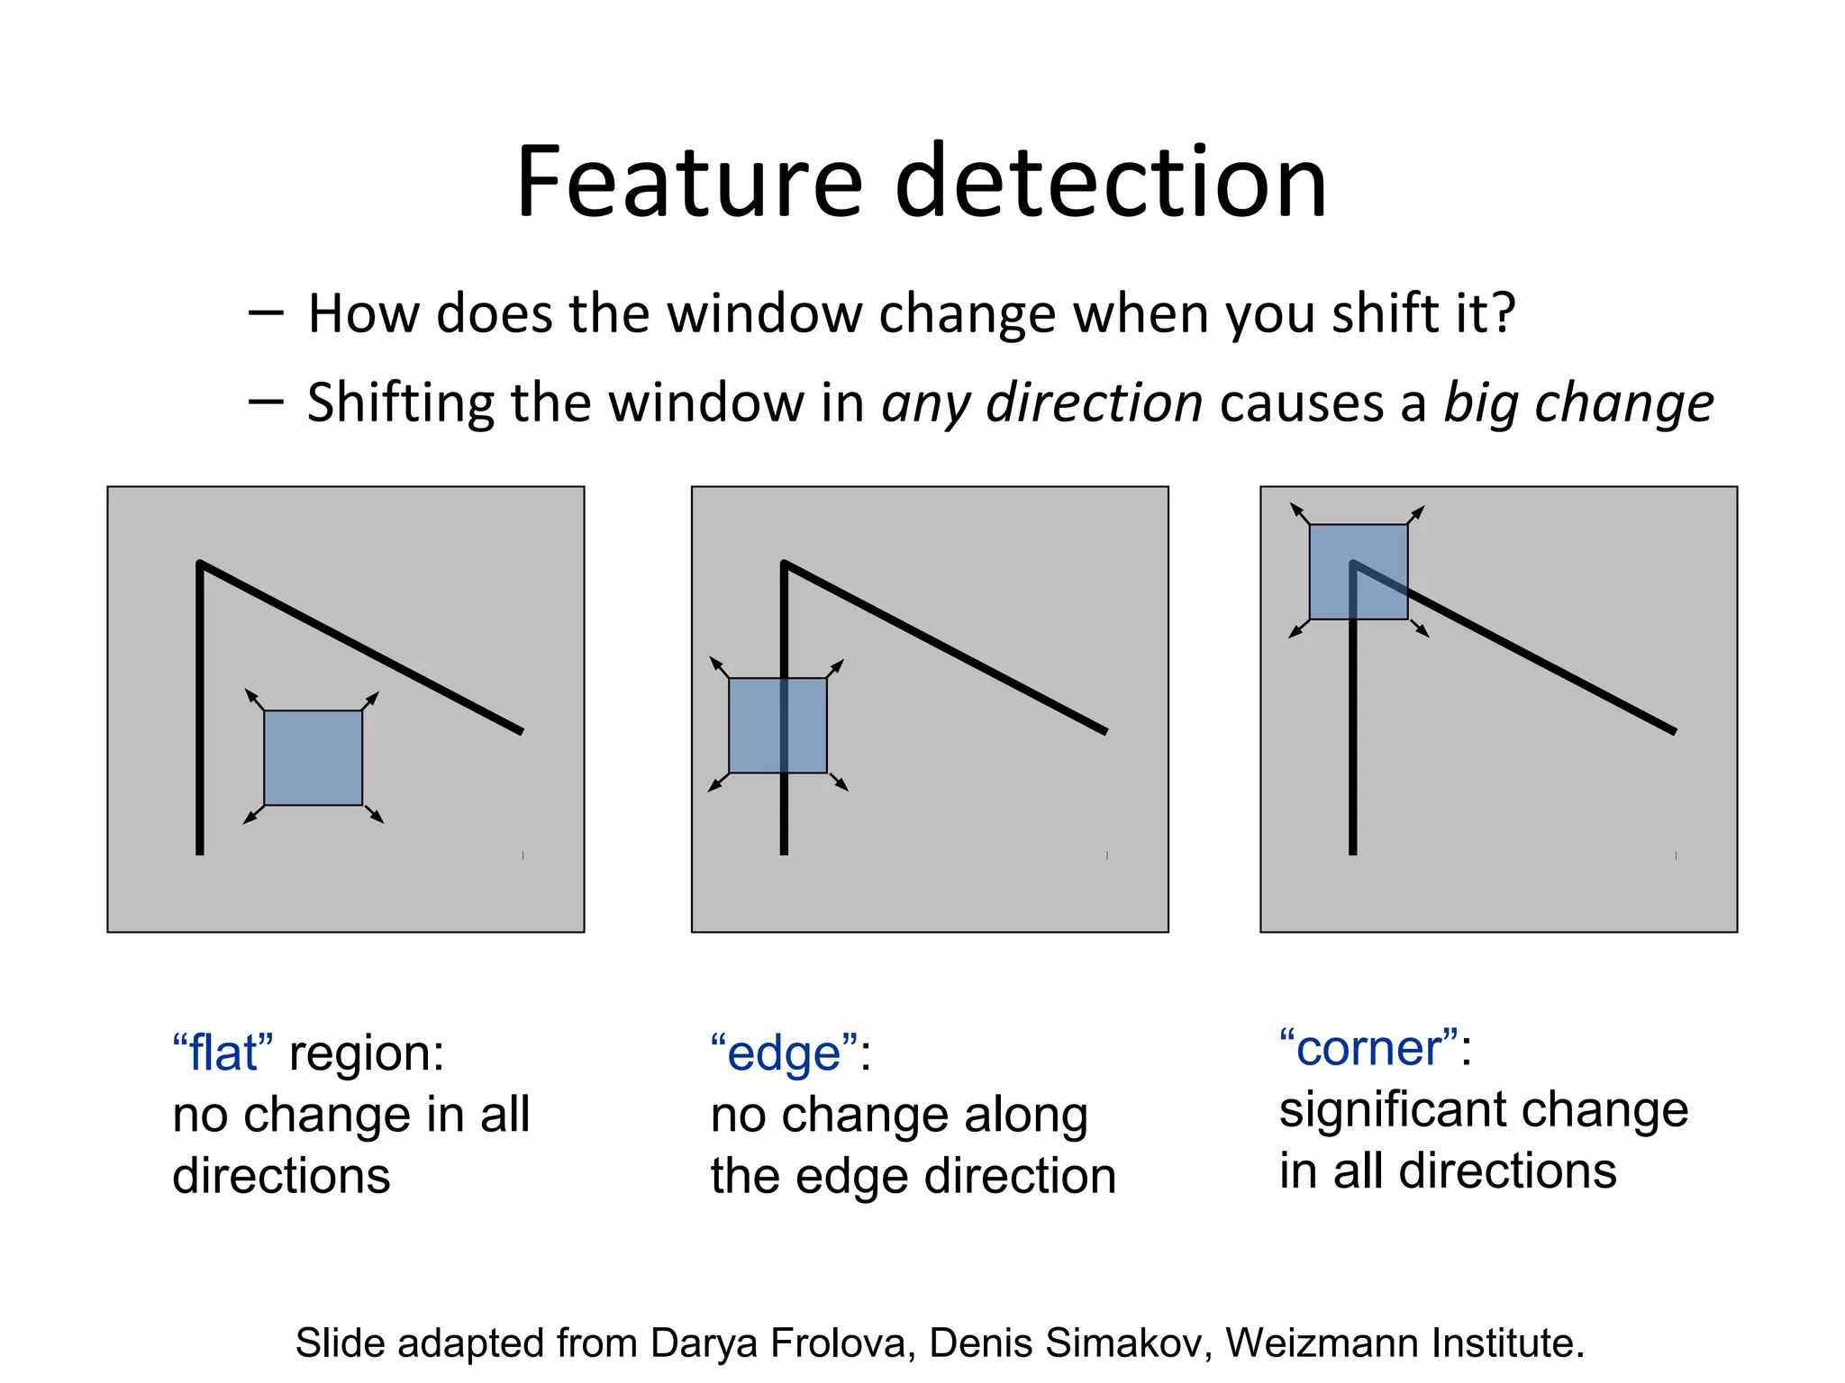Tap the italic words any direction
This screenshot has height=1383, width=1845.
1041,402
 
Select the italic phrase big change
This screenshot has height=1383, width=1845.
1578,404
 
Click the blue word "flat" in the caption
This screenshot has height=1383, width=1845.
223,1053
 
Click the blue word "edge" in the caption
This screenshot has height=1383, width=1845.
783,1053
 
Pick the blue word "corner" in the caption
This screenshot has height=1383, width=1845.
1368,1048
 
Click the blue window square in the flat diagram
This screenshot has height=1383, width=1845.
314,758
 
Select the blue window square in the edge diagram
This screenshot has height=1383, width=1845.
777,726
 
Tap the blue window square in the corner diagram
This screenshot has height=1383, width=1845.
1359,572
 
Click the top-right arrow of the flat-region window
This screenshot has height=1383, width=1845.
371,701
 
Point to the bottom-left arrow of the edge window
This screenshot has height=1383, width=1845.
717,783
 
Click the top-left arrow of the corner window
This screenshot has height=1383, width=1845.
1299,513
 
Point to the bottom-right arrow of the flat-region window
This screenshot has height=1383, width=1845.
375,814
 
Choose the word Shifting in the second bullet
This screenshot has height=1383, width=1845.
402,402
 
